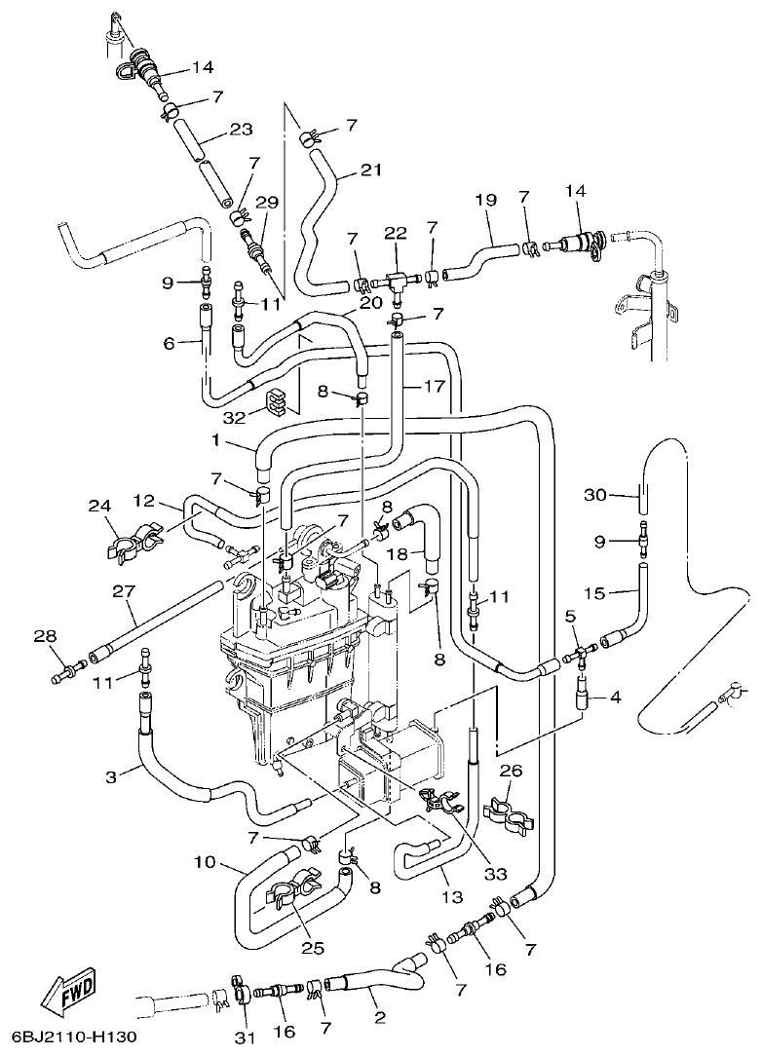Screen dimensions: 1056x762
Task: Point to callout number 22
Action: point(396,233)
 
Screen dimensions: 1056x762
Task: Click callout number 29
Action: point(267,203)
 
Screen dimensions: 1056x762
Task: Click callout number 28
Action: point(46,636)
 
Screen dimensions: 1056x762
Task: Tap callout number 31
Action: point(244,1038)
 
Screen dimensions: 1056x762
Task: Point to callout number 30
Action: point(595,495)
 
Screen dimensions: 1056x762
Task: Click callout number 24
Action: point(97,506)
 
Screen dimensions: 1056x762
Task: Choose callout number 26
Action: point(512,771)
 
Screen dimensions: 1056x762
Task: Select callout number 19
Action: point(485,200)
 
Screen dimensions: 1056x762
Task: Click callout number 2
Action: point(379,1018)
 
